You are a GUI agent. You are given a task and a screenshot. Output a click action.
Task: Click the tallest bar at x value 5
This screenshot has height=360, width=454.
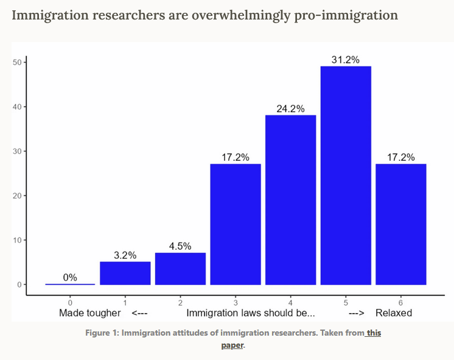tap(346, 175)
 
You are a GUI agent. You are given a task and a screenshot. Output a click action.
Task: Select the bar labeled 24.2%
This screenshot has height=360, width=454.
tap(290, 200)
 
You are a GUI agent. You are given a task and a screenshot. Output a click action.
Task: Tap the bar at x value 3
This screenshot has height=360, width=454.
tap(236, 224)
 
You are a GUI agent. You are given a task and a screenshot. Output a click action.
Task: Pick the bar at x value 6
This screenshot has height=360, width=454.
tap(400, 224)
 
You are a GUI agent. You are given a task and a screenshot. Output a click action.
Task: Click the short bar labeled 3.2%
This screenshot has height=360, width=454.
tap(125, 273)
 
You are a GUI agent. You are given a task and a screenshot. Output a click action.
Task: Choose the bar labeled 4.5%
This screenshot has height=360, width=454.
tap(180, 269)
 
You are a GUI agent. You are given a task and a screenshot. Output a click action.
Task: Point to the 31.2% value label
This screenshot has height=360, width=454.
tap(346, 60)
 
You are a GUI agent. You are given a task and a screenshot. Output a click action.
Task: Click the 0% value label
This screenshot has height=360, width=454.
tap(70, 278)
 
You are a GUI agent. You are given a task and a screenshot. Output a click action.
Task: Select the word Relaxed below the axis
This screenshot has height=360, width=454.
tap(394, 313)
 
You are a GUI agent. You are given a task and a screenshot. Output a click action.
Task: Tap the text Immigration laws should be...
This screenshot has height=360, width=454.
tap(251, 313)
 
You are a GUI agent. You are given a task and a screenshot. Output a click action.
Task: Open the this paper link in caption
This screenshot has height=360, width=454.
tap(373, 333)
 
